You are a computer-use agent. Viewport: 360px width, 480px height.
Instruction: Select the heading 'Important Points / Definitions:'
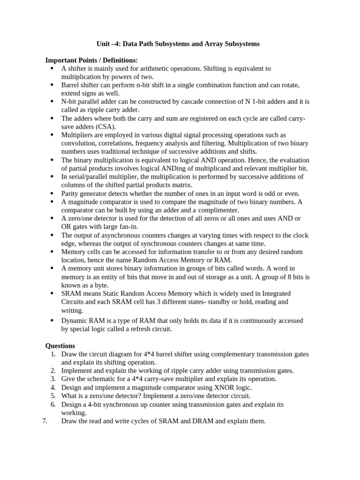[x=91, y=60]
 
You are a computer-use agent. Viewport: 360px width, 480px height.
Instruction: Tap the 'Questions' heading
[x=60, y=345]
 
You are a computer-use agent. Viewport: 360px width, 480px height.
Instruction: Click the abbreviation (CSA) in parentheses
[x=108, y=127]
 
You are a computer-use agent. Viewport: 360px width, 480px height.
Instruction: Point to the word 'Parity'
[x=71, y=193]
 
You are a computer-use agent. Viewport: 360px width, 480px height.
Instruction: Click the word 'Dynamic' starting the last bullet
[x=74, y=321]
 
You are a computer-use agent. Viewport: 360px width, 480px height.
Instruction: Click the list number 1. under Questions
[x=53, y=354]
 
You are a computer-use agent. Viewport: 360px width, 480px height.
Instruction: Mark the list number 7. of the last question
[x=45, y=421]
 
